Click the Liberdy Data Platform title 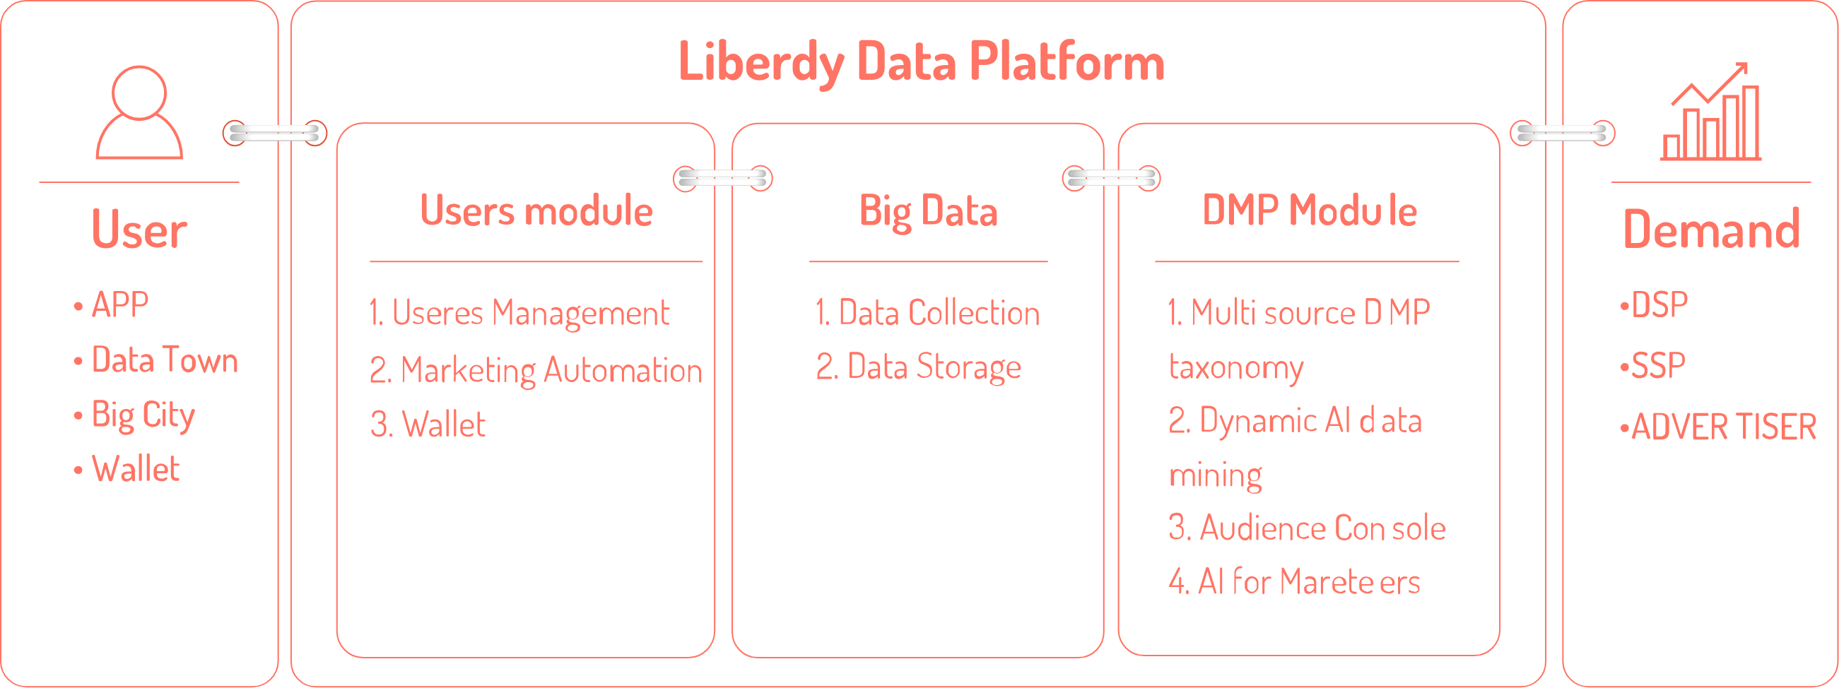pyautogui.click(x=921, y=63)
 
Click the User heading pyautogui.click(x=139, y=230)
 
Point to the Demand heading pyautogui.click(x=1711, y=230)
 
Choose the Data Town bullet pyautogui.click(x=156, y=360)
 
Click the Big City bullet pyautogui.click(x=134, y=415)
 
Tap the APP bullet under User pyautogui.click(x=112, y=304)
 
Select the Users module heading pyautogui.click(x=536, y=210)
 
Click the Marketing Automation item pyautogui.click(x=536, y=371)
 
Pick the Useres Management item pyautogui.click(x=519, y=314)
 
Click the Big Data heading pyautogui.click(x=928, y=212)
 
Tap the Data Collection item pyautogui.click(x=928, y=313)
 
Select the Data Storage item pyautogui.click(x=919, y=367)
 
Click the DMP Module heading pyautogui.click(x=1310, y=210)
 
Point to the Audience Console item pyautogui.click(x=1307, y=528)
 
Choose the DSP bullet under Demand pyautogui.click(x=1654, y=304)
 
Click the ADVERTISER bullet pyautogui.click(x=1718, y=427)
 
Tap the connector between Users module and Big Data pyautogui.click(x=722, y=179)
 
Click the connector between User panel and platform pyautogui.click(x=275, y=133)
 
